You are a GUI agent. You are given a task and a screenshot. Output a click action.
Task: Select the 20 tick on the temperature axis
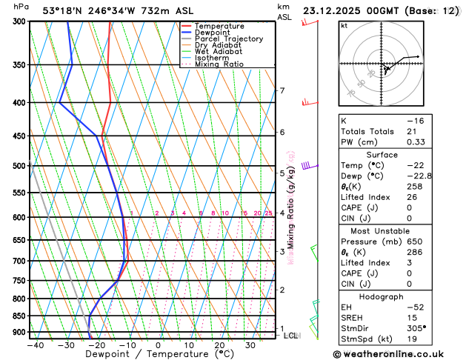219,345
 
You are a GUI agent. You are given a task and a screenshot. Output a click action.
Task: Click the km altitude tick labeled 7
282,91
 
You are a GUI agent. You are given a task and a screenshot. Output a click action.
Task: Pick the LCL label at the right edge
290,336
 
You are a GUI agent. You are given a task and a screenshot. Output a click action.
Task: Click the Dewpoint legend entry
213,33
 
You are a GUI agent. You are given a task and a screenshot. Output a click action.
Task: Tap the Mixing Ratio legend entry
218,64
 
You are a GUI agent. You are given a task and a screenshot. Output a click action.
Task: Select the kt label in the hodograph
344,26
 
